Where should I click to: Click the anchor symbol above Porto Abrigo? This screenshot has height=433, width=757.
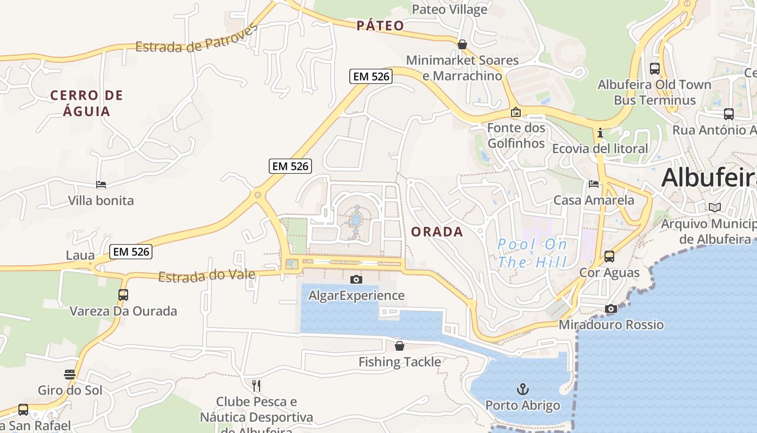coord(522,389)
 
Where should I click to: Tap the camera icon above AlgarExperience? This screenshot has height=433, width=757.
coord(356,279)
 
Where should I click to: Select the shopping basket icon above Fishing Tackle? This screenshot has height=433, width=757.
coord(400,345)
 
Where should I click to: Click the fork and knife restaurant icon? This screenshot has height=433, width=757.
coord(256,385)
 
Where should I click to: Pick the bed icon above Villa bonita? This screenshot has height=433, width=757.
coord(101,185)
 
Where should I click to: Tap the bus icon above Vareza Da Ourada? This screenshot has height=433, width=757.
coord(123,295)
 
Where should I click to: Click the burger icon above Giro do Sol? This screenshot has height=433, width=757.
coord(70,374)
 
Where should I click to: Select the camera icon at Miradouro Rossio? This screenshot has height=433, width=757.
coord(611,309)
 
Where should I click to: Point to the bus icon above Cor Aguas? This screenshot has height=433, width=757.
coord(609,257)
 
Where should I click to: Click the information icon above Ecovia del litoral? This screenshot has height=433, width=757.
coord(600,133)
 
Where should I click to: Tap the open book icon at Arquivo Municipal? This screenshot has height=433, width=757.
coord(715,207)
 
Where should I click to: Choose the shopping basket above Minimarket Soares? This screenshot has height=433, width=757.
coord(462,44)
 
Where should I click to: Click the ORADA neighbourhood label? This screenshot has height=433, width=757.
coord(437,232)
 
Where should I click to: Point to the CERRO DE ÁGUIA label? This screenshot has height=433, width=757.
coord(87,103)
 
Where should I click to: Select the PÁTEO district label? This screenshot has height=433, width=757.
coord(380,25)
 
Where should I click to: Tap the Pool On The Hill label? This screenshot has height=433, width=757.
coord(532,253)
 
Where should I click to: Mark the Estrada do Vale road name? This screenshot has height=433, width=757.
coord(207,276)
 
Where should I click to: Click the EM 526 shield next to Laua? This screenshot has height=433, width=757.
coord(130,251)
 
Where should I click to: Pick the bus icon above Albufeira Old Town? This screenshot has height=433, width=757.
coord(655,69)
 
